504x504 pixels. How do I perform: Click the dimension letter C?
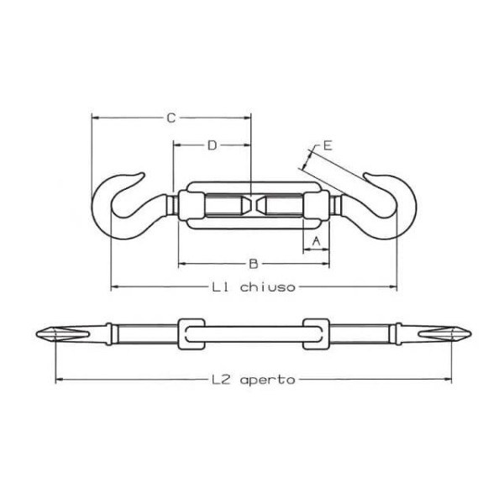[x=171, y=118]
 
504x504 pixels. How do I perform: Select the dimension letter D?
[x=213, y=145]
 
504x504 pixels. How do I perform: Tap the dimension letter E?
[x=328, y=146]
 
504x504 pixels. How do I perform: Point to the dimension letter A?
[x=317, y=241]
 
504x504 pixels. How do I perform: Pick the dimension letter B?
[x=254, y=264]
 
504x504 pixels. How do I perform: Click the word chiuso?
[x=267, y=286]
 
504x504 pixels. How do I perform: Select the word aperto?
[x=267, y=380]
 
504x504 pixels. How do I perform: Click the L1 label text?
[x=220, y=286]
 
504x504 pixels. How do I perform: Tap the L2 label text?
[x=220, y=380]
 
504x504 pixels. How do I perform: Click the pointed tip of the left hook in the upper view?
[x=143, y=174]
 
